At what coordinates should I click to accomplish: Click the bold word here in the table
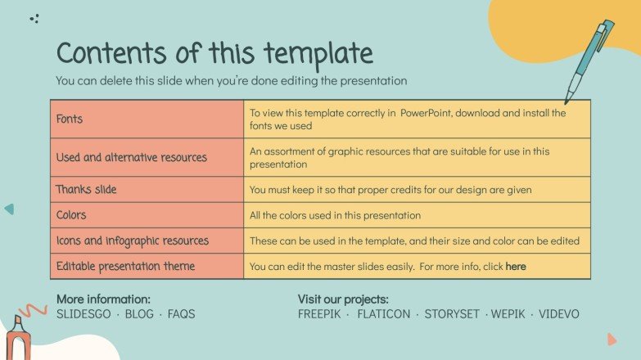pyautogui.click(x=516, y=267)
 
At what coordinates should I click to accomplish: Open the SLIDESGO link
pyautogui.click(x=86, y=314)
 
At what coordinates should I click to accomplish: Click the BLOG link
pyautogui.click(x=139, y=314)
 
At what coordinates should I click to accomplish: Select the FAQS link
pyautogui.click(x=181, y=314)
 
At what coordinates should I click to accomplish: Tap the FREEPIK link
pyautogui.click(x=320, y=314)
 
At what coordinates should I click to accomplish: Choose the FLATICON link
pyautogui.click(x=383, y=314)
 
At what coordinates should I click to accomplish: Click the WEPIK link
pyautogui.click(x=508, y=314)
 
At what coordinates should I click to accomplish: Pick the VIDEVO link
pyautogui.click(x=559, y=314)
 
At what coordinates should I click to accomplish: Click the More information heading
pyautogui.click(x=103, y=299)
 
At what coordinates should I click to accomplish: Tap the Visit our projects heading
pyautogui.click(x=342, y=299)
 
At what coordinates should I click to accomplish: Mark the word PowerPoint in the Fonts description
pyautogui.click(x=432, y=113)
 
